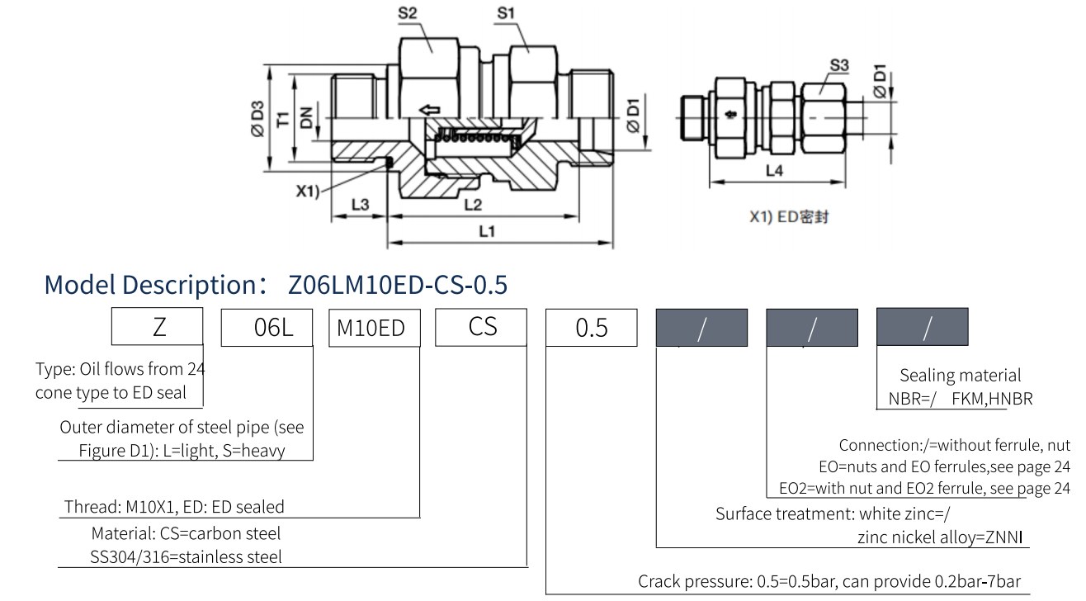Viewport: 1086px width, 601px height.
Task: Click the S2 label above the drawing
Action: click(408, 13)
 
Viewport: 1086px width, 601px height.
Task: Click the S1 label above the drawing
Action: click(506, 13)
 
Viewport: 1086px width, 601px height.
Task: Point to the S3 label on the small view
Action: click(839, 65)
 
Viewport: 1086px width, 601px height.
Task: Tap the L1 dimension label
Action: click(487, 231)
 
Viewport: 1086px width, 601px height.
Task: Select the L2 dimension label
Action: click(473, 205)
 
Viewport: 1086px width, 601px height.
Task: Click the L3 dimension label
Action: click(361, 205)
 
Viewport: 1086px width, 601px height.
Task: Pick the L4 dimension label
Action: click(774, 171)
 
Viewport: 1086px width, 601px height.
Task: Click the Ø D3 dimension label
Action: click(257, 119)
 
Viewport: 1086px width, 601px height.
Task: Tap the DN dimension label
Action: click(306, 118)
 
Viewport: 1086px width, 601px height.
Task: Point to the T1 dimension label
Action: click(283, 120)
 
